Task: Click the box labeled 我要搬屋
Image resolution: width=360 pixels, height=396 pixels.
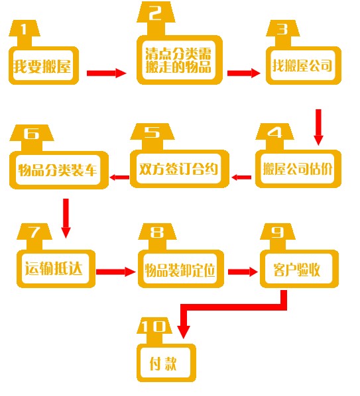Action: tap(44, 66)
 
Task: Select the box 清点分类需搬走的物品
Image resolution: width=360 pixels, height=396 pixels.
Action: tap(180, 60)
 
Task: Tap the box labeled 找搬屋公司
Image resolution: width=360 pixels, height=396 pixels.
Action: tap(304, 66)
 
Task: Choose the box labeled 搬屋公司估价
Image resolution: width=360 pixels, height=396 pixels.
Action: tap(298, 169)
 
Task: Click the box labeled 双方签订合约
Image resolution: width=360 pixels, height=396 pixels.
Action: tap(180, 169)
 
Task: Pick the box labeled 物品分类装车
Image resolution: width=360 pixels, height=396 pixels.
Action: tap(59, 170)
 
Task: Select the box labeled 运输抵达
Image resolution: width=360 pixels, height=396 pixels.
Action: tap(56, 268)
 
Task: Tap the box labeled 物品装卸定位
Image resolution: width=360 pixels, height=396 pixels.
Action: tap(181, 268)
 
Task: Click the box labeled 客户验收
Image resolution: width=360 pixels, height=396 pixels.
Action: tap(299, 268)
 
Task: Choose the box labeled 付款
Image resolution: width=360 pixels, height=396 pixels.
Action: tap(166, 363)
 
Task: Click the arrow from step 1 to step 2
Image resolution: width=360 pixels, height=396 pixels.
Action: tap(107, 73)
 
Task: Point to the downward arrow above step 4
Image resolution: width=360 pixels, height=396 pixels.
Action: tap(318, 127)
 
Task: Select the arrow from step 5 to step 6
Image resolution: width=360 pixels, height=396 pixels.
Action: tap(119, 177)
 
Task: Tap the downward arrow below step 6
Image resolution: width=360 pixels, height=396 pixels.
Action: tap(66, 219)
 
